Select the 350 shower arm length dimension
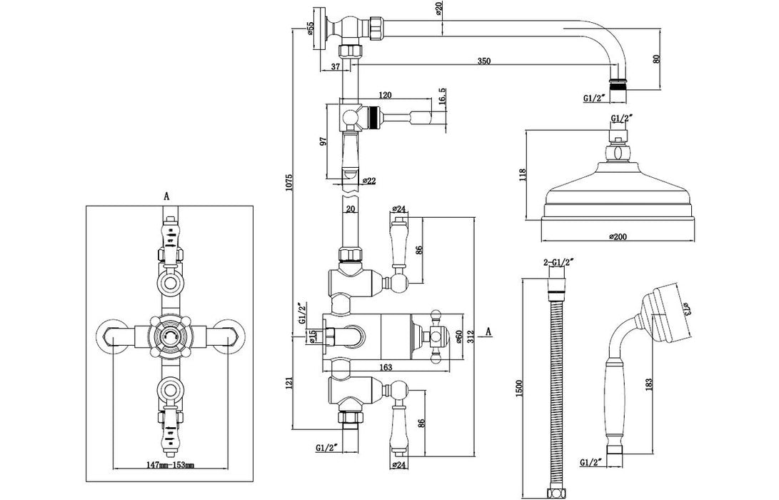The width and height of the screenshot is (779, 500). (483, 62)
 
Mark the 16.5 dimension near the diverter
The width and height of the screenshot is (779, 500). (442, 96)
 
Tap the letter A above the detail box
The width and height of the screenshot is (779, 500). (166, 194)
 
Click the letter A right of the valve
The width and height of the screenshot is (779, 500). (488, 330)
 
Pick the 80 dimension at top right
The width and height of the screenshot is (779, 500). (657, 60)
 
